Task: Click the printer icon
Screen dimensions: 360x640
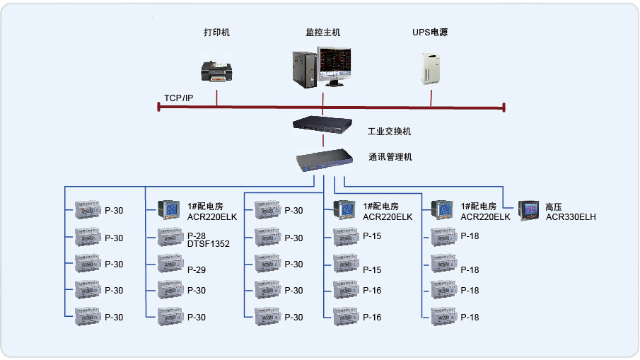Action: (x=217, y=71)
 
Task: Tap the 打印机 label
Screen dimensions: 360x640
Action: (x=216, y=33)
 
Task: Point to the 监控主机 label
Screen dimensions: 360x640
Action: (x=323, y=33)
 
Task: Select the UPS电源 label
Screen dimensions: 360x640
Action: (x=430, y=33)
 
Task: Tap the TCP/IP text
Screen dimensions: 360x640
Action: (x=178, y=98)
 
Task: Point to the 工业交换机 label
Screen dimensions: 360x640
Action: (x=389, y=132)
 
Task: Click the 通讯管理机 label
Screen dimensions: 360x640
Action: (x=390, y=157)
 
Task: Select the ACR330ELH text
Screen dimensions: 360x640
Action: (x=571, y=217)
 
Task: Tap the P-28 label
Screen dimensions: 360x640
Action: (x=197, y=236)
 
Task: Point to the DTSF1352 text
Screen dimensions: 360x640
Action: (x=209, y=244)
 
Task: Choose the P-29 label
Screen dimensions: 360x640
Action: (x=197, y=269)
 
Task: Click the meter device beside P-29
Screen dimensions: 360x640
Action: (x=170, y=262)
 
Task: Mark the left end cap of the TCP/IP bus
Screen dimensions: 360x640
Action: (x=159, y=107)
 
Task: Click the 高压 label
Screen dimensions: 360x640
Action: (x=553, y=207)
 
